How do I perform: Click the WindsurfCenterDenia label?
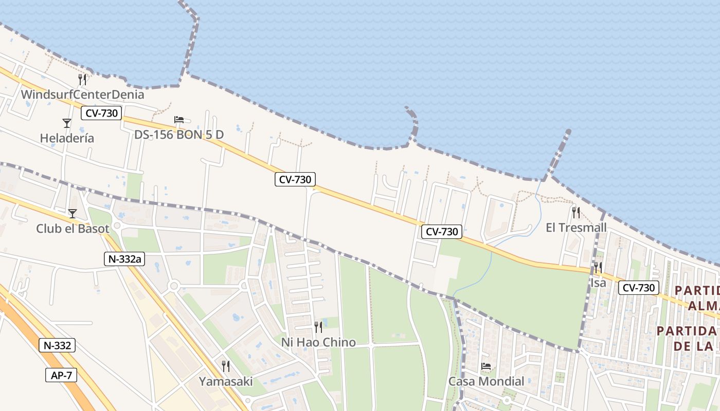click(82, 95)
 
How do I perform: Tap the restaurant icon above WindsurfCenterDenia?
click(82, 79)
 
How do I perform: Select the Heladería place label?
click(67, 138)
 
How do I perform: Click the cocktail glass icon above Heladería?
click(67, 123)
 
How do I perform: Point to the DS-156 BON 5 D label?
click(179, 135)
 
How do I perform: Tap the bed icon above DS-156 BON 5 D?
click(179, 120)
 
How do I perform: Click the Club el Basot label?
click(73, 229)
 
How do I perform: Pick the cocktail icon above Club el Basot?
click(73, 213)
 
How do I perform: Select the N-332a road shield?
click(123, 259)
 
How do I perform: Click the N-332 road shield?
click(57, 345)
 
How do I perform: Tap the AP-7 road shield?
click(61, 375)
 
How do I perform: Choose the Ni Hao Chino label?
click(318, 342)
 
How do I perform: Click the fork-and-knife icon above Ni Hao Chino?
click(318, 327)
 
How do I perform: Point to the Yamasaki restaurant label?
click(226, 381)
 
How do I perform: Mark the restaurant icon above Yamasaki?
click(226, 366)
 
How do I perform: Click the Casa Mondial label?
click(486, 381)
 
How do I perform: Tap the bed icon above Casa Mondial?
click(486, 366)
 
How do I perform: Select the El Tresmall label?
click(576, 228)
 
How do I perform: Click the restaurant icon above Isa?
click(598, 267)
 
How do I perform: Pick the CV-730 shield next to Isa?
click(638, 288)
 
